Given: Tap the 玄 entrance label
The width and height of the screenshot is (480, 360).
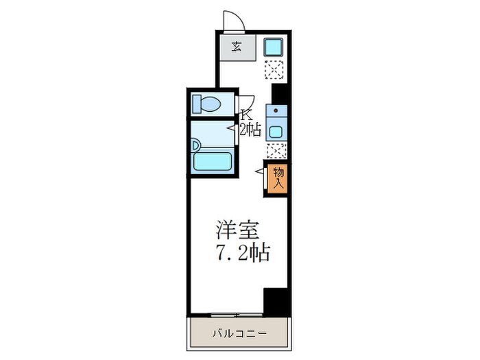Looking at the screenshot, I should (236, 47).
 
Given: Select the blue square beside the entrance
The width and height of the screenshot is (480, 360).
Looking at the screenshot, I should (275, 48).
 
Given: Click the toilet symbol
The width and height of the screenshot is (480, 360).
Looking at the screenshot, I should (206, 104).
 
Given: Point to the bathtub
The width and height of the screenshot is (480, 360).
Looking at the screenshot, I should (213, 162).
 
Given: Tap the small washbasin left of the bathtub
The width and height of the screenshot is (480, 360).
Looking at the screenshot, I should (196, 145).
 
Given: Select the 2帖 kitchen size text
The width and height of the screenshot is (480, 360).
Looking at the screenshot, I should (250, 128).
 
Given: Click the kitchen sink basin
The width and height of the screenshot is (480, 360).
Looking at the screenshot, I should (276, 132).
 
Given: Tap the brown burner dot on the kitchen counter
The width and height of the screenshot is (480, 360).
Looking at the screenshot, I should (276, 110).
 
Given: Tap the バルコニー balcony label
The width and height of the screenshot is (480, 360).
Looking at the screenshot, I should (238, 335).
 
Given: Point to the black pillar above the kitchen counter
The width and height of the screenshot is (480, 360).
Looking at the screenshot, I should (278, 92).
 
